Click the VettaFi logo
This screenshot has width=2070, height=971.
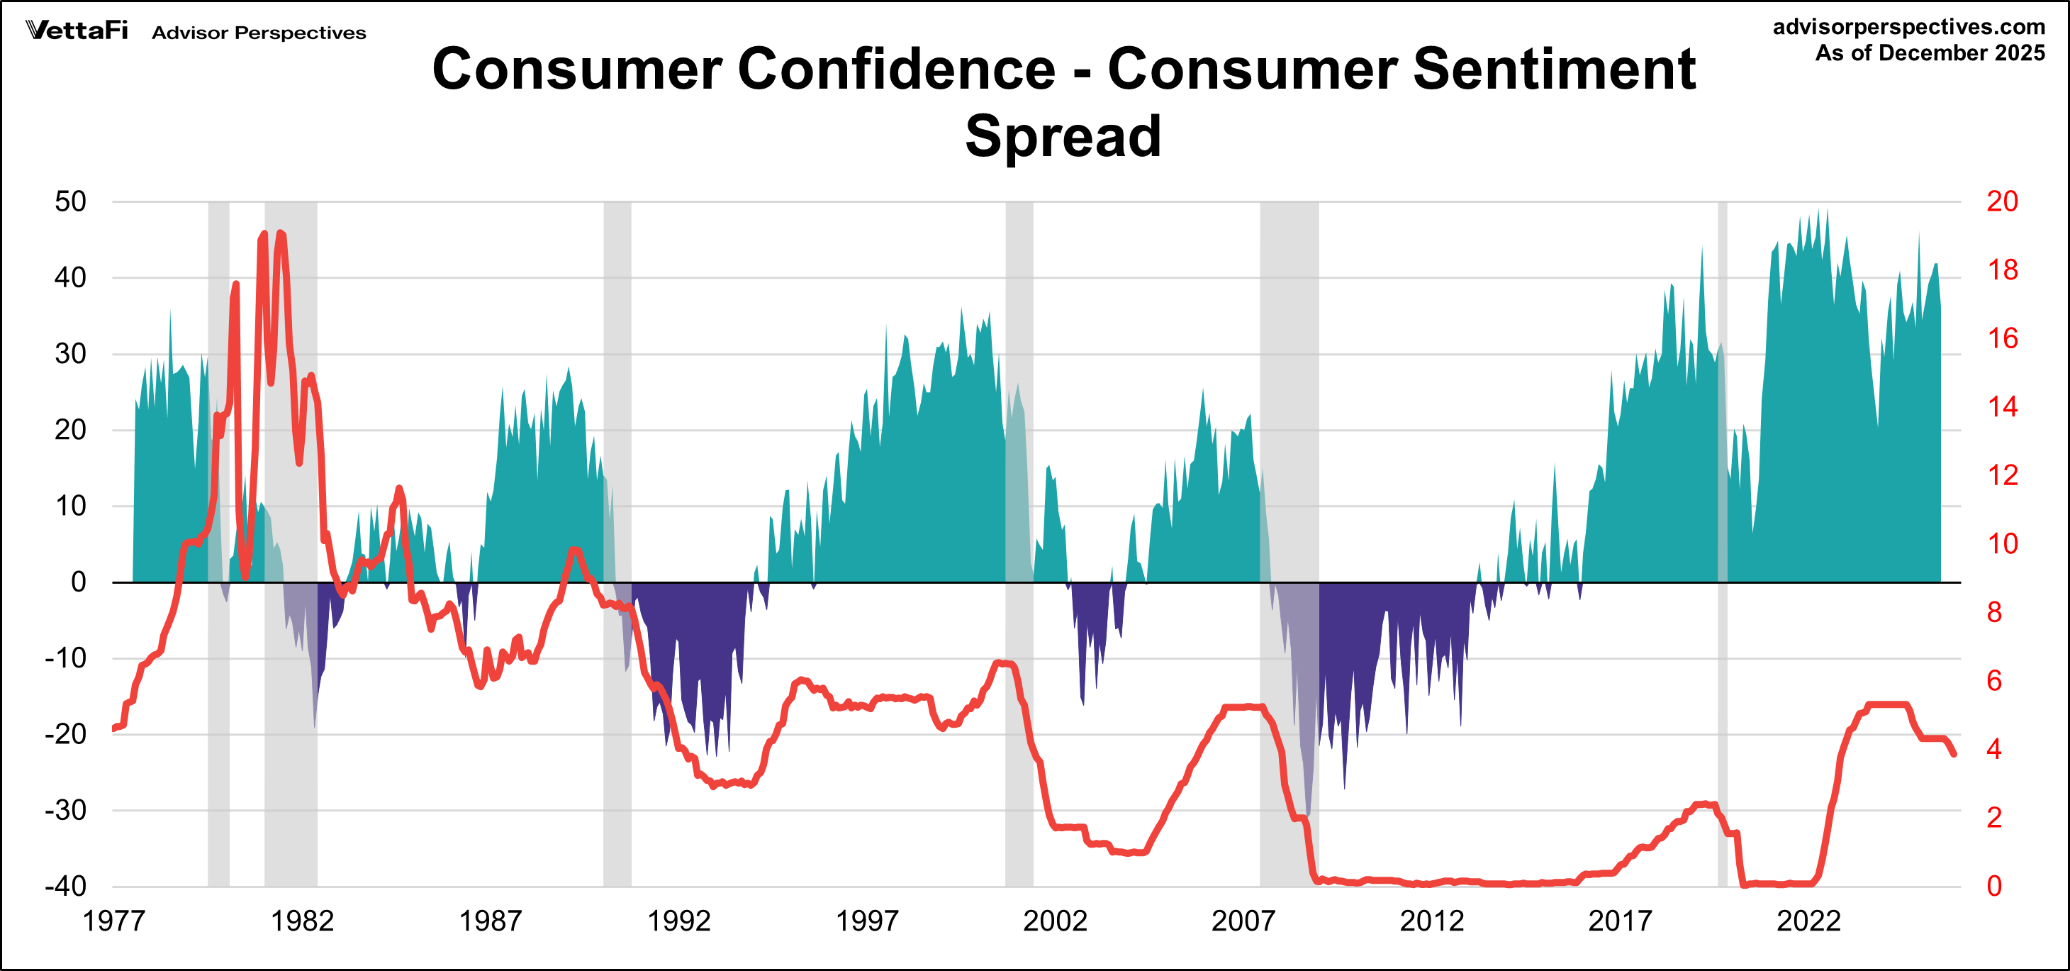click(77, 30)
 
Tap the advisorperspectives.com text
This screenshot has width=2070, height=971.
click(1908, 26)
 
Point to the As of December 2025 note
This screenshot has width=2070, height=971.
click(1930, 53)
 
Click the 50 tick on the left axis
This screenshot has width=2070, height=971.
click(71, 201)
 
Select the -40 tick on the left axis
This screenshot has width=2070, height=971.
click(66, 886)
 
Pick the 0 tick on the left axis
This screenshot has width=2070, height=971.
click(78, 581)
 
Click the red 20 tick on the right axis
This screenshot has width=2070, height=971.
click(2002, 201)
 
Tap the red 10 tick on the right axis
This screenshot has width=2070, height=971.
click(2002, 543)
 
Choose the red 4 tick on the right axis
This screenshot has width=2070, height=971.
click(1993, 749)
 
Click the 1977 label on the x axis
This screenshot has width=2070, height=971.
click(113, 921)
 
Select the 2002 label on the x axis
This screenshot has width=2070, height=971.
click(1054, 921)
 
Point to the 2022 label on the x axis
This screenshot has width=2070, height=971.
click(1807, 921)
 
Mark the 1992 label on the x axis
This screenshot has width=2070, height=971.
click(678, 921)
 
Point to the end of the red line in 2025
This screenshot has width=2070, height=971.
click(1954, 754)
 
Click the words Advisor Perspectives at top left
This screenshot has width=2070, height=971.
click(259, 33)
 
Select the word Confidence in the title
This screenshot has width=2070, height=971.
click(896, 68)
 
